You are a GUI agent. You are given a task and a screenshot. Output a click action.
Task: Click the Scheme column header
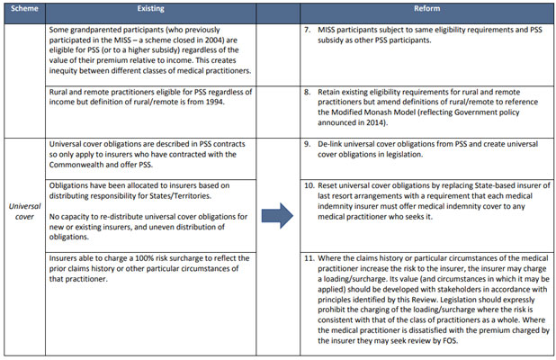click(22, 8)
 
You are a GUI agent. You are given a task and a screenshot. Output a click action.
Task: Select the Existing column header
click(151, 8)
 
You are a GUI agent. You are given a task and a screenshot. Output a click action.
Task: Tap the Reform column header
click(426, 8)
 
